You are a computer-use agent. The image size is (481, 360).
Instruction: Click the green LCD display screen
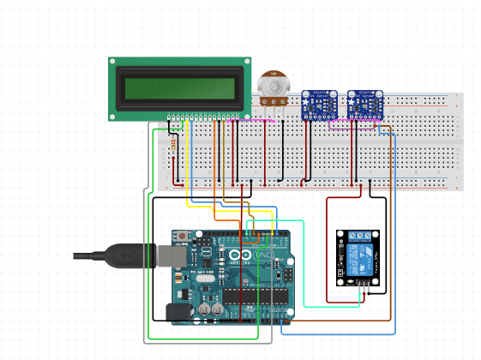[179, 88]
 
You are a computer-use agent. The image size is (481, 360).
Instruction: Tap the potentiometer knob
[274, 85]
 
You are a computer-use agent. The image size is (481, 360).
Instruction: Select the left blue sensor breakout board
[318, 104]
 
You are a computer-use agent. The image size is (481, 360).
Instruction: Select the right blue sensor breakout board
[365, 104]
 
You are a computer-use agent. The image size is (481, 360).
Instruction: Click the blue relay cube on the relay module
[362, 256]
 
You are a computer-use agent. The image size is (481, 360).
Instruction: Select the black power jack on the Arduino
[177, 312]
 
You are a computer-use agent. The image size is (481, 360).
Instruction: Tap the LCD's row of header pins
[204, 116]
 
